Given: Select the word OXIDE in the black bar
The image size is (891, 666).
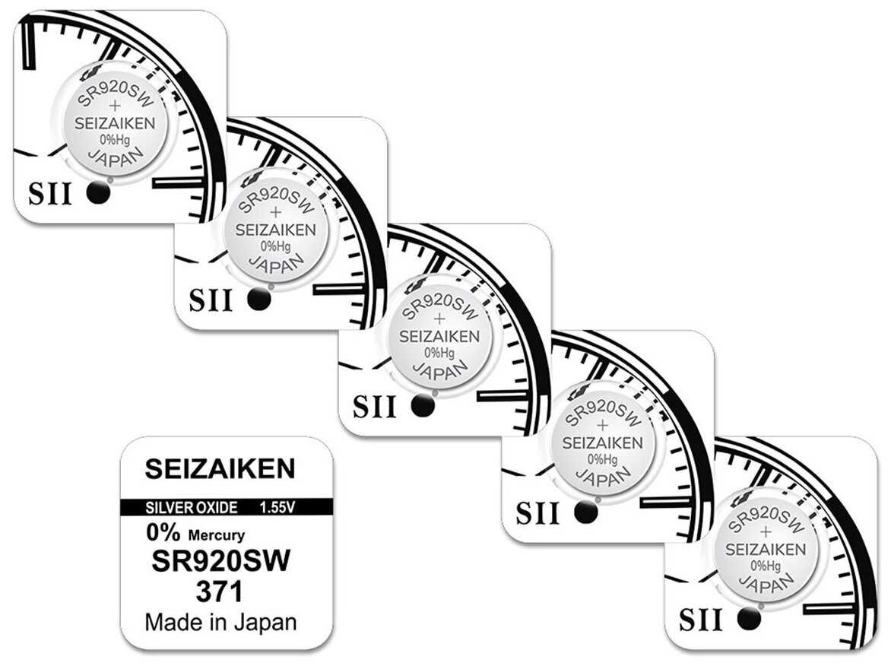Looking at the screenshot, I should coord(217,507).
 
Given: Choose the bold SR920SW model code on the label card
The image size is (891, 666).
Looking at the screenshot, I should coord(221,563).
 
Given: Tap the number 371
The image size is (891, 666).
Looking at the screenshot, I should coord(220,591).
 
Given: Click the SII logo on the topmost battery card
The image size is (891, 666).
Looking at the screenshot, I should coord(49,195).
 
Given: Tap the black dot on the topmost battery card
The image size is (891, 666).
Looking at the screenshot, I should coord(98,194).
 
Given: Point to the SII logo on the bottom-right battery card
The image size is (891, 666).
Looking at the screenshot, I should coord(700,620).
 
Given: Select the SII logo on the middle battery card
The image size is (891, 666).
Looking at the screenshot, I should coord(375,408).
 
